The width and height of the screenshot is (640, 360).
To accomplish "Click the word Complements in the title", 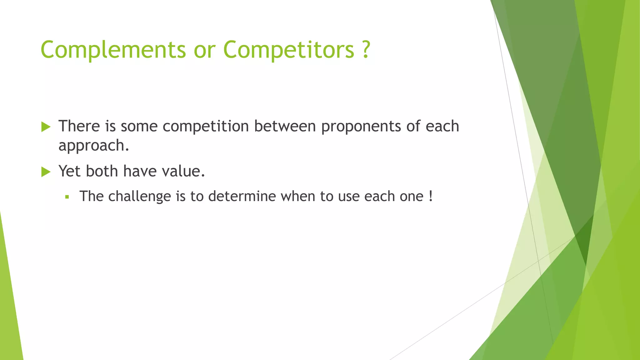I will [x=113, y=50].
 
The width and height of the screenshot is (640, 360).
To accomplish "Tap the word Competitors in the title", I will [x=288, y=50].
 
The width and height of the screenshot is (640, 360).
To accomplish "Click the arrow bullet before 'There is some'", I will [x=46, y=127].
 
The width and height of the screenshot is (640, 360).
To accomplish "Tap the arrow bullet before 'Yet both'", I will [x=46, y=172].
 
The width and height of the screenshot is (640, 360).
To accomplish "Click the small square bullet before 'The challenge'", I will [x=67, y=197].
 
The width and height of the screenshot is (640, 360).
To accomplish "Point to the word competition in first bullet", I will [x=206, y=127].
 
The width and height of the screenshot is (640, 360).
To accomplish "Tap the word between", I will [x=285, y=126].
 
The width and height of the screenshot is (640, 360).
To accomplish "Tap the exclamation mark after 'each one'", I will [x=431, y=196].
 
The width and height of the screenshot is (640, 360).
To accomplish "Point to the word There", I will [x=79, y=126].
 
